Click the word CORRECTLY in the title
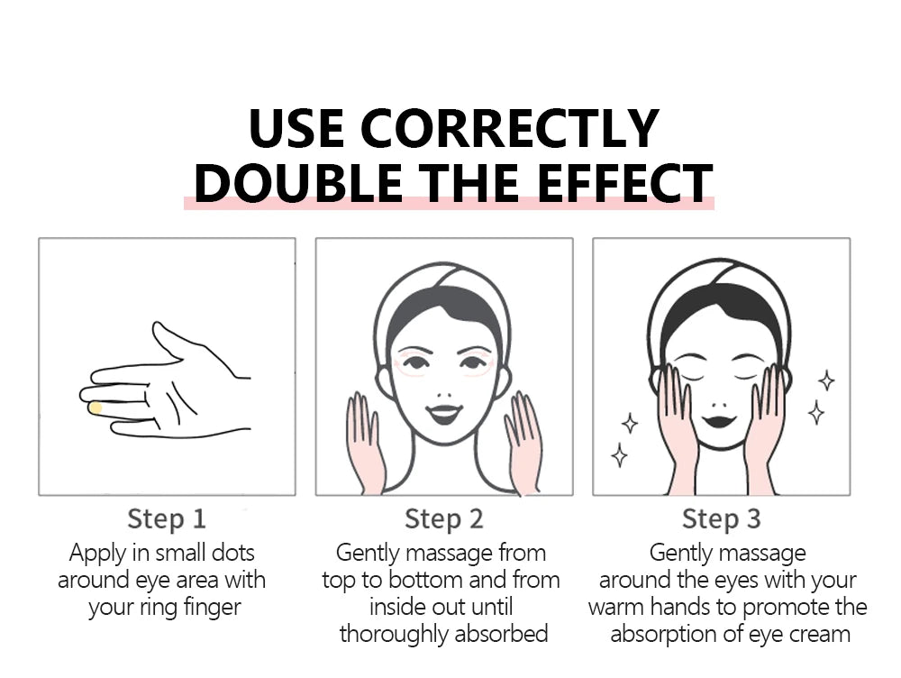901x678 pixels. click(x=509, y=128)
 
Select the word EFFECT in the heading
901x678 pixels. click(x=625, y=183)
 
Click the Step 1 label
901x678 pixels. click(x=167, y=518)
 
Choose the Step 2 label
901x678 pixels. click(x=443, y=518)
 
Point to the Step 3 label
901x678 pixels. click(x=721, y=518)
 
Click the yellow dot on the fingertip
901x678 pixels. click(x=96, y=408)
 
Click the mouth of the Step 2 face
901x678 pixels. click(x=444, y=414)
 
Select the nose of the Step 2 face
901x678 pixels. click(x=443, y=396)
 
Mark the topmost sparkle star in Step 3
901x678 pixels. click(x=826, y=380)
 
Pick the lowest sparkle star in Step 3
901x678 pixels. click(x=620, y=456)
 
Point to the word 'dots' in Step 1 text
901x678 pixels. click(x=232, y=554)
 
